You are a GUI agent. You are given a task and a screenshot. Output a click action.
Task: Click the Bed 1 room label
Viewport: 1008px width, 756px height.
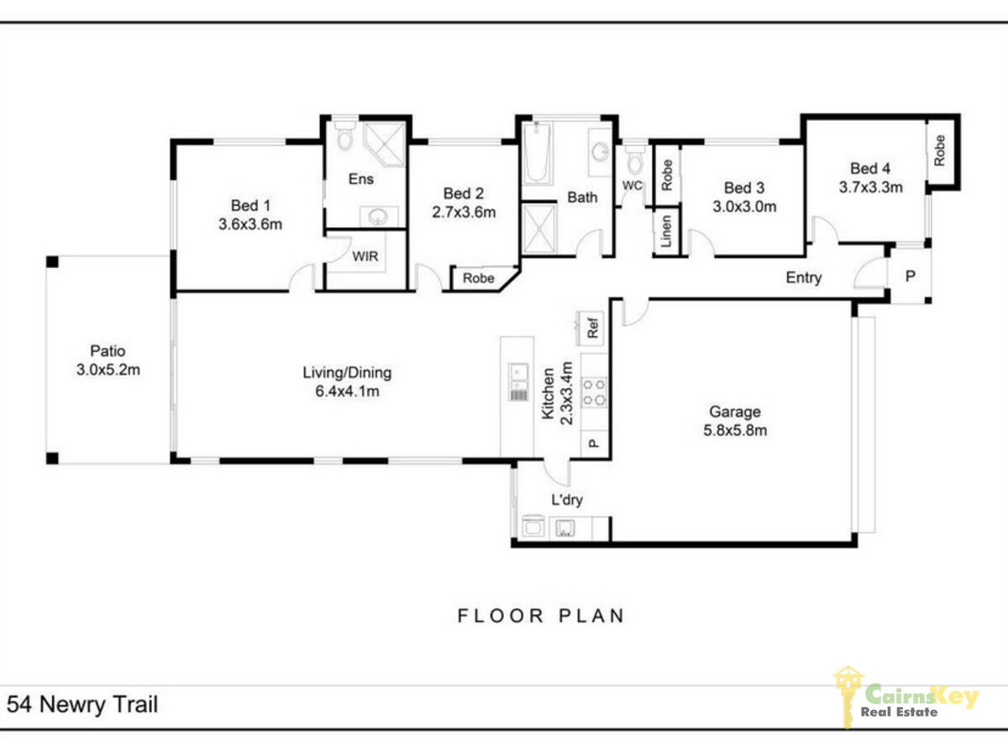[250, 205]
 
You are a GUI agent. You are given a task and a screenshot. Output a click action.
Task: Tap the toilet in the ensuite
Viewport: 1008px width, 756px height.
[344, 134]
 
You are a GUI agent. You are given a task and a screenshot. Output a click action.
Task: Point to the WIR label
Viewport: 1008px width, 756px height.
[365, 256]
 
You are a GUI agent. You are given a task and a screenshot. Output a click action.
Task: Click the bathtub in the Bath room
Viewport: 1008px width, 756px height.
[537, 152]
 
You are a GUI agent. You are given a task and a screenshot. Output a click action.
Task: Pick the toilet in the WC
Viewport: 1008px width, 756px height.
[635, 160]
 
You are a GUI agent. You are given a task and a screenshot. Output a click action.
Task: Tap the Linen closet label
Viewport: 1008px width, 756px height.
[666, 231]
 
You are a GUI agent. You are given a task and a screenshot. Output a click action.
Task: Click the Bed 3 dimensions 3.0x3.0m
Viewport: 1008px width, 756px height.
[744, 207]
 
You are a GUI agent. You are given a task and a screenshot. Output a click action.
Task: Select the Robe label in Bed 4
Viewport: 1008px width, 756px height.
[940, 150]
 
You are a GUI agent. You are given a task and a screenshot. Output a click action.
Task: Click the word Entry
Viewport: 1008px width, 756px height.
[804, 277]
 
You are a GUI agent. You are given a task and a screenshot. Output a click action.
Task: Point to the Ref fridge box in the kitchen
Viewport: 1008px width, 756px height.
[591, 328]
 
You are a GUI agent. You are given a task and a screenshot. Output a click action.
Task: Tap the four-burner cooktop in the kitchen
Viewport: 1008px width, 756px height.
[594, 392]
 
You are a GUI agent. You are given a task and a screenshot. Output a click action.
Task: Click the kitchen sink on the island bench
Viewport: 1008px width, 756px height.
[519, 382]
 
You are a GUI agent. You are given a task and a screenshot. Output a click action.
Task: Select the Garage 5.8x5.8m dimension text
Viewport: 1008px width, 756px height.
[735, 430]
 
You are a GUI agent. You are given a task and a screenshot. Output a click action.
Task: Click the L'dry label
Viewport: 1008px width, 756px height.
[567, 500]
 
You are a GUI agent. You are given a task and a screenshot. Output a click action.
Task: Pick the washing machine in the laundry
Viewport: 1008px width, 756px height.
[533, 527]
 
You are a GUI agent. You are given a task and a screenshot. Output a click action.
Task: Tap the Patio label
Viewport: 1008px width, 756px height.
[108, 350]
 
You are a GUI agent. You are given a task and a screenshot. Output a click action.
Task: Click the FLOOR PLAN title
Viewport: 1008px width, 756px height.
[541, 616]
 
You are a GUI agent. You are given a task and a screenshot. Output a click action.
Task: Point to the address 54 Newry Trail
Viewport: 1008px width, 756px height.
[82, 705]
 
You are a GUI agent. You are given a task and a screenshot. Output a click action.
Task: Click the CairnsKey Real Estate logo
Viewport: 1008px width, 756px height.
[905, 698]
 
